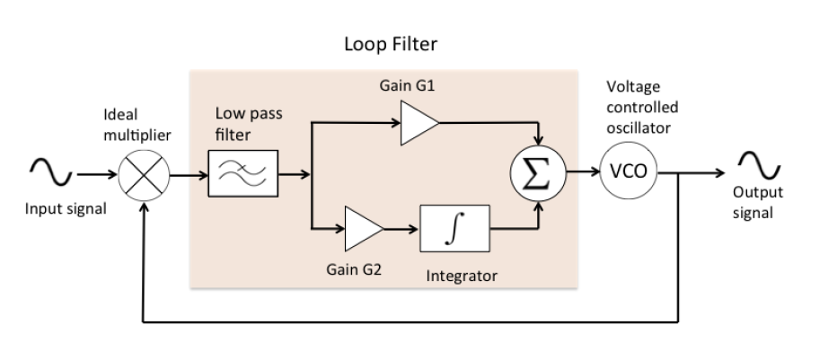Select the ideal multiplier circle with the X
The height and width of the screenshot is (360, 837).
142,173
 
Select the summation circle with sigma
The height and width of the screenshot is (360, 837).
538,173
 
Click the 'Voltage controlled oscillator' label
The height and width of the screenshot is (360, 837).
642,107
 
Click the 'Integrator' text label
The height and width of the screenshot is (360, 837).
461,276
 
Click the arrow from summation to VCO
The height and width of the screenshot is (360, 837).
586,173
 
